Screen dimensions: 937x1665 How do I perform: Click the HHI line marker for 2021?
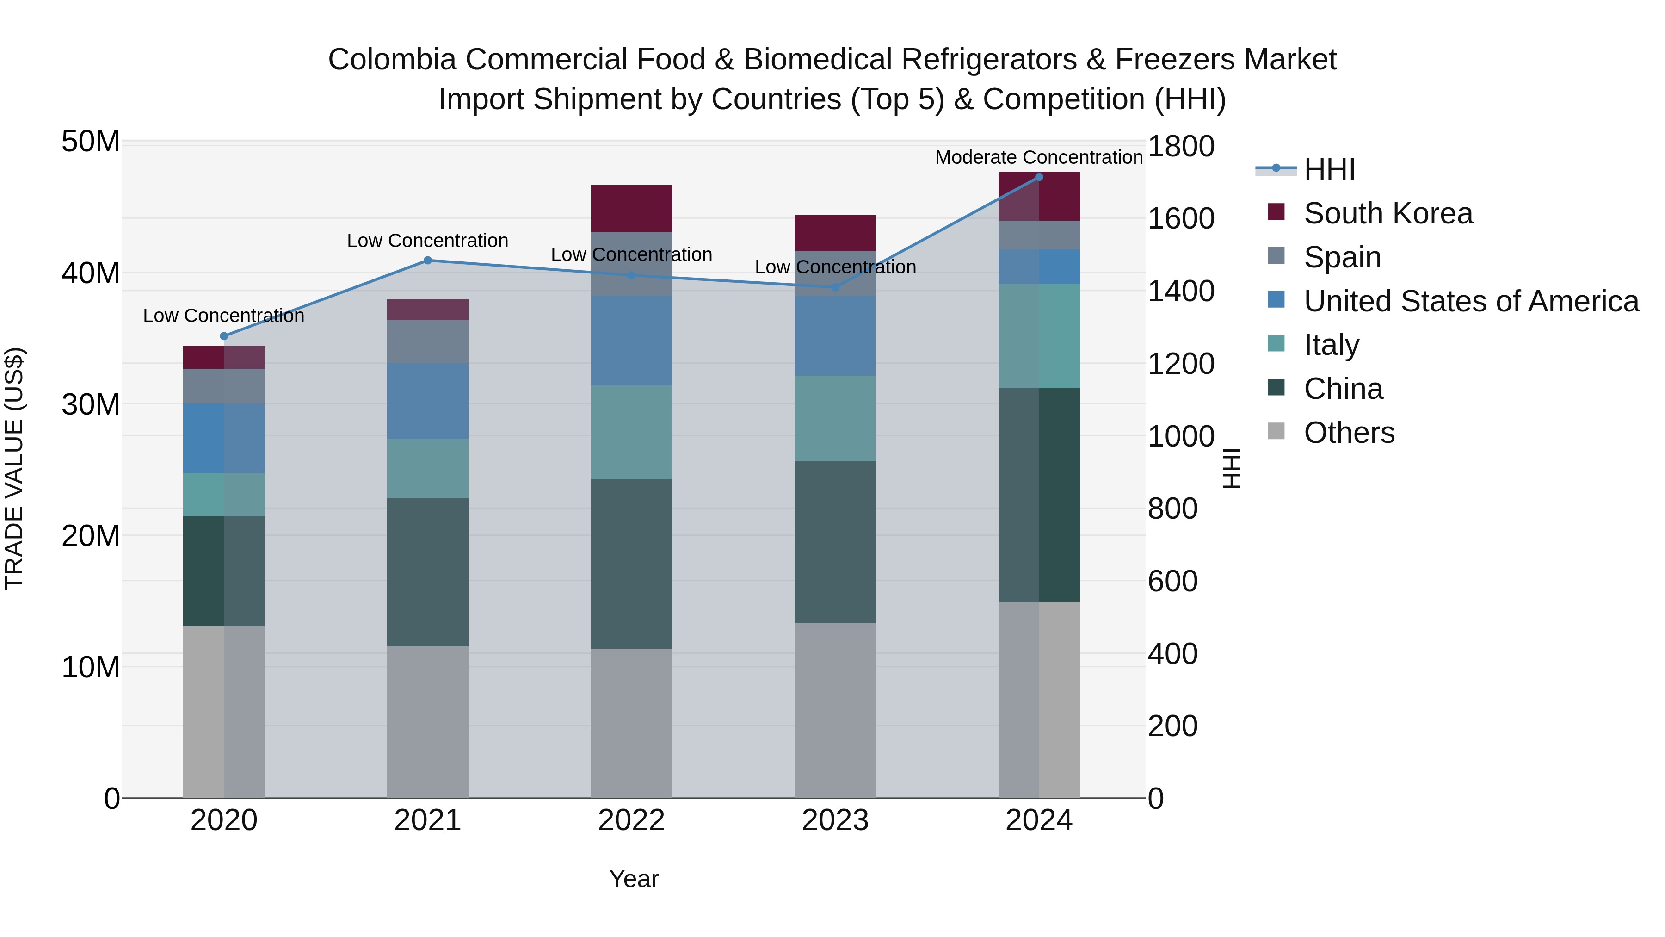[x=427, y=261]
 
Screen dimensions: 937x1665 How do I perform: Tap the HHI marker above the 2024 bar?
[x=1039, y=177]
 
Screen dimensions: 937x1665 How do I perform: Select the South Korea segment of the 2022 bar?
[x=631, y=208]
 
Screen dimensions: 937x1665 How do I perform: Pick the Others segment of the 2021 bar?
[x=427, y=722]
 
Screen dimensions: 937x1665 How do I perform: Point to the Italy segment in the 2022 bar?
[x=631, y=432]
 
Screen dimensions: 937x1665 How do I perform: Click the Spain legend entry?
[x=1342, y=257]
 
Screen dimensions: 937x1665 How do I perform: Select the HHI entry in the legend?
[x=1329, y=169]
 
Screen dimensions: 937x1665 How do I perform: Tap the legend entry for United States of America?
[x=1470, y=301]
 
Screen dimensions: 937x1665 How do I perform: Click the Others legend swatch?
[x=1276, y=431]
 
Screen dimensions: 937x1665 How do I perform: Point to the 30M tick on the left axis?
[x=91, y=405]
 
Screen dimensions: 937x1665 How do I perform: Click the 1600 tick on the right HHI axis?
[x=1180, y=218]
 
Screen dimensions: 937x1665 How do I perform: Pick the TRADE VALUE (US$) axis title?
[x=14, y=468]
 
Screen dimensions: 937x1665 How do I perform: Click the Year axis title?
[x=634, y=879]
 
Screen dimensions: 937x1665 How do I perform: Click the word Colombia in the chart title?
[x=392, y=60]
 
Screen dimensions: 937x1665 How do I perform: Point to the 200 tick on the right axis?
[x=1172, y=726]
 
